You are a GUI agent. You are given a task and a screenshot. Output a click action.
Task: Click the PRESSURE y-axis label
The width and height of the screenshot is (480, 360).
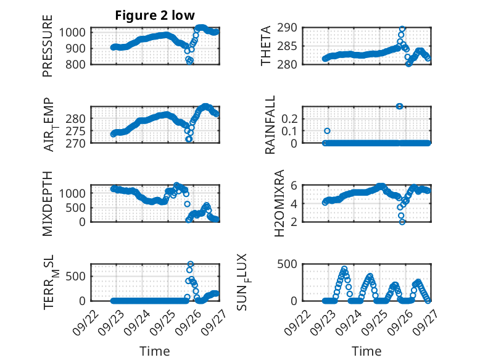pos(48,51)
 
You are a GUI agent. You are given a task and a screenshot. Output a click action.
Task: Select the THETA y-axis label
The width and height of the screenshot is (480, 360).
pos(266,46)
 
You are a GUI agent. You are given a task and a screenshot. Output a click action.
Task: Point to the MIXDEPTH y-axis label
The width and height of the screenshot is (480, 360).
pos(48,204)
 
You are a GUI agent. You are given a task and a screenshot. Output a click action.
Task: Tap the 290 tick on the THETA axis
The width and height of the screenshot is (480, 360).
pos(293,27)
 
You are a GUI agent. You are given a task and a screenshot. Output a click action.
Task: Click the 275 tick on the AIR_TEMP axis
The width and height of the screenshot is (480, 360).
pos(81,131)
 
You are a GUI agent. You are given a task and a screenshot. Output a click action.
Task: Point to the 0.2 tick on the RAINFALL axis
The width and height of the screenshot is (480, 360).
pos(291,118)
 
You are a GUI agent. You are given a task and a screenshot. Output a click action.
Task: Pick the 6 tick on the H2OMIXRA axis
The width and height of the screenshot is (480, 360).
pos(296,185)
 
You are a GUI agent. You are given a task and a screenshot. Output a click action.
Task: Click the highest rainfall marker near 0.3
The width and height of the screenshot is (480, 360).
pos(400,106)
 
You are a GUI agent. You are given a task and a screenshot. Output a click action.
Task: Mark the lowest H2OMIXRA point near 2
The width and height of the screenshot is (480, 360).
pos(402,222)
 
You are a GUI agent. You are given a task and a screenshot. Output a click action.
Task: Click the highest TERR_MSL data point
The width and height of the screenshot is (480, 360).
pos(190,264)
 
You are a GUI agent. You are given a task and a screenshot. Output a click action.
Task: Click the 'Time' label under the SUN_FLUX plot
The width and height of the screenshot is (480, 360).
pos(366,351)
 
